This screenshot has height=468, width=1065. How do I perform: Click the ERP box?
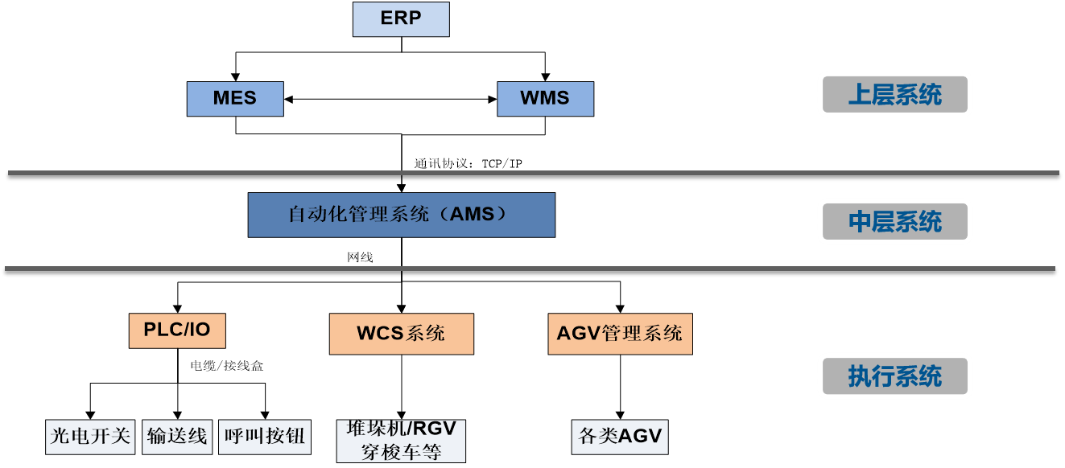[x=401, y=19]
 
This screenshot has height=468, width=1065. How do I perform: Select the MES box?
[x=235, y=99]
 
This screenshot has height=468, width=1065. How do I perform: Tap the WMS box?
[x=545, y=99]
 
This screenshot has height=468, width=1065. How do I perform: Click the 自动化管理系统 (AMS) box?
[x=401, y=215]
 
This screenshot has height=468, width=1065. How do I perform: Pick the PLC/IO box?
[x=177, y=330]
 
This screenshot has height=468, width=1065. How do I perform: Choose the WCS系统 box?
[x=401, y=334]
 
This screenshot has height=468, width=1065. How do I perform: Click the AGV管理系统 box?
[x=620, y=334]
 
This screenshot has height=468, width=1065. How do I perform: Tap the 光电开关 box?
[x=90, y=437]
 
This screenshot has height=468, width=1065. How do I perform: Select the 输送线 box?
[x=177, y=437]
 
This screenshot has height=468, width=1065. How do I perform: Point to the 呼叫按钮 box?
[x=265, y=437]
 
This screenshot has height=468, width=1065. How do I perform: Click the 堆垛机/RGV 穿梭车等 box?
[x=401, y=441]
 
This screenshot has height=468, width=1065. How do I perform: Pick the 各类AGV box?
[x=620, y=437]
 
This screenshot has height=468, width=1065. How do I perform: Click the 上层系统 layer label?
[x=895, y=95]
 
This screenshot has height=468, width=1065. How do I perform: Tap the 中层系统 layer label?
[x=895, y=221]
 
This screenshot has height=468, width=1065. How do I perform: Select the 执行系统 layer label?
[x=895, y=376]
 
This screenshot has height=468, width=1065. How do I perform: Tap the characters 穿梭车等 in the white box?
[x=401, y=453]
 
